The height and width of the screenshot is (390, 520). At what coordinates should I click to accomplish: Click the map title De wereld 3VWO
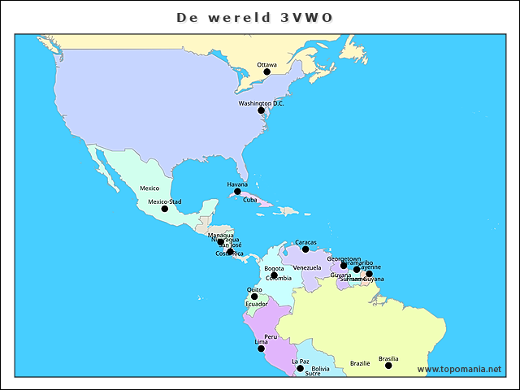pos(254,17)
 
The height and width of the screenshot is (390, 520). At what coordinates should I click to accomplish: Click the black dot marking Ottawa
pos(266,72)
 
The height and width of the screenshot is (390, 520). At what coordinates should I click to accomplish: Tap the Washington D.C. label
pos(261,103)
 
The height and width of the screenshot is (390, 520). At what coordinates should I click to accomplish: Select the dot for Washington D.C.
pos(261,110)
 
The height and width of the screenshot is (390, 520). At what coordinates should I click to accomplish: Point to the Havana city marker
pos(237,192)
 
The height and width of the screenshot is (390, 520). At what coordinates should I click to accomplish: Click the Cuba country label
pos(250,200)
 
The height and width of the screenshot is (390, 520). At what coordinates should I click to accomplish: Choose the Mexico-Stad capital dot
pos(164,209)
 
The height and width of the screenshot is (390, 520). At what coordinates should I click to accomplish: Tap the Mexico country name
pos(149,188)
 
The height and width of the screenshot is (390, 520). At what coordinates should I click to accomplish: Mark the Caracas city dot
pos(305,249)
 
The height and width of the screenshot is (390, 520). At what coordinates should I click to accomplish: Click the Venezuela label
pos(307,268)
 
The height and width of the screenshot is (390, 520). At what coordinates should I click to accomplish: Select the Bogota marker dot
pos(274,275)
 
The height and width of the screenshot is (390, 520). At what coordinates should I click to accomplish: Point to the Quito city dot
pos(254,297)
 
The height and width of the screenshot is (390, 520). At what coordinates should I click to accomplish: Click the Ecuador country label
pos(257,305)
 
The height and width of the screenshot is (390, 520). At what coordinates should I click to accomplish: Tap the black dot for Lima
pos(261,349)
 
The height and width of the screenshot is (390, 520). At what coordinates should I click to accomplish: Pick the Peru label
pos(271,336)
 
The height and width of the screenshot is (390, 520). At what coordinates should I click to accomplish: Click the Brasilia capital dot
pos(388,366)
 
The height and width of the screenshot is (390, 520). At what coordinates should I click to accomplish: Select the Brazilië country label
pos(360,363)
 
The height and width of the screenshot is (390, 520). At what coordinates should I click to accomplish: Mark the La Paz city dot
pos(300,369)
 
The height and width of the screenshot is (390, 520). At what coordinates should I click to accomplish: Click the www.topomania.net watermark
pos(459,370)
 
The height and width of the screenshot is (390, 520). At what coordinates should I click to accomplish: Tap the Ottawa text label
pos(266,64)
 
